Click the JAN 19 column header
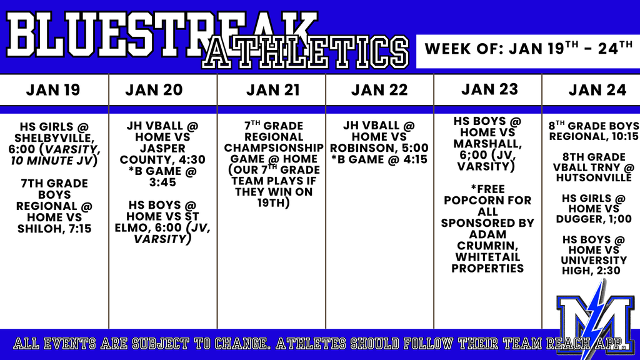coord(53,90)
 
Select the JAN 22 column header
coord(379,90)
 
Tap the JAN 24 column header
coord(597,90)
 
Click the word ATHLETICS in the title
coord(305,52)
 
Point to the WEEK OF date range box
coord(528,51)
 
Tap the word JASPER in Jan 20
coord(162,148)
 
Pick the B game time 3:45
coord(162,182)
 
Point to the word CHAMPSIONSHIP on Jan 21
coord(274,147)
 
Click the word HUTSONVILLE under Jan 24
coord(594,178)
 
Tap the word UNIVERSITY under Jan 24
coord(594,261)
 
